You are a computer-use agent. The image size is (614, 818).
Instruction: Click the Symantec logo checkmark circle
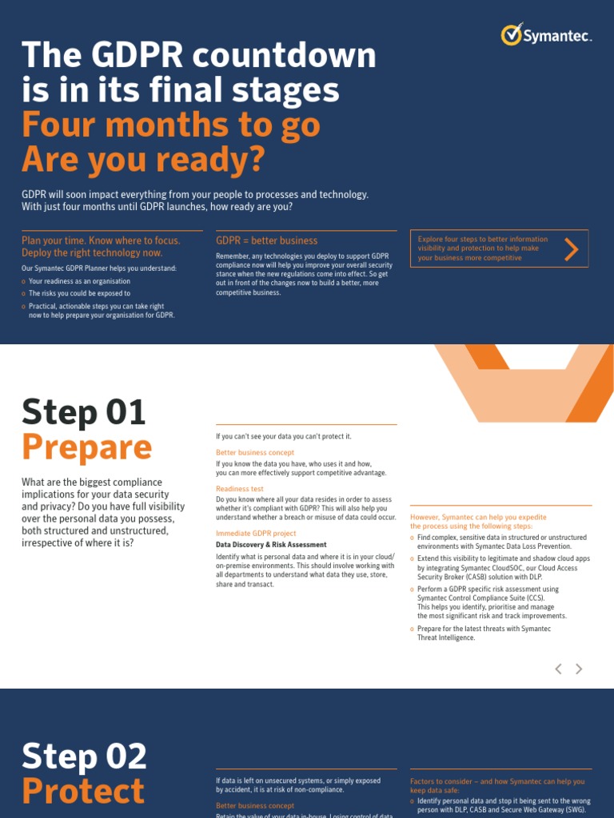(512, 34)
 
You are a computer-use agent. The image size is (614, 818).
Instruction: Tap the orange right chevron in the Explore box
(571, 249)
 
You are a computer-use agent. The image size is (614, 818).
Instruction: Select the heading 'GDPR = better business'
(266, 240)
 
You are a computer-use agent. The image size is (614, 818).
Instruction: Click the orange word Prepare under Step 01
(86, 447)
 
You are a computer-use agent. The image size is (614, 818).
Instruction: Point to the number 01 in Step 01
(124, 412)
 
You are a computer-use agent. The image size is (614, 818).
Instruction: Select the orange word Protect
(83, 791)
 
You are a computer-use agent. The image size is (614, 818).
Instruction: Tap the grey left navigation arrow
(559, 669)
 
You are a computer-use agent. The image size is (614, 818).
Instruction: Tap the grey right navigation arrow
(579, 669)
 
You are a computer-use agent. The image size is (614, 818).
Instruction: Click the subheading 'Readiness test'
(239, 489)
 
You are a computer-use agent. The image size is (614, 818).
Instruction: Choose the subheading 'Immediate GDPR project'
(256, 533)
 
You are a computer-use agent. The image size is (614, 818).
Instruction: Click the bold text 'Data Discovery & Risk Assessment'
(271, 545)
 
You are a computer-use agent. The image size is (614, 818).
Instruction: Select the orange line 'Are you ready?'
(142, 160)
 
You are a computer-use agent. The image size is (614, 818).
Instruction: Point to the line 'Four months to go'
(171, 125)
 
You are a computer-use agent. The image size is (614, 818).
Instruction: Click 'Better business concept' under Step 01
(255, 452)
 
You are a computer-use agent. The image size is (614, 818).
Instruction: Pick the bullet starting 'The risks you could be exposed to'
(79, 293)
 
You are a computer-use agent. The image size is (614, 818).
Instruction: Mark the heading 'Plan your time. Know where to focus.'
(101, 240)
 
